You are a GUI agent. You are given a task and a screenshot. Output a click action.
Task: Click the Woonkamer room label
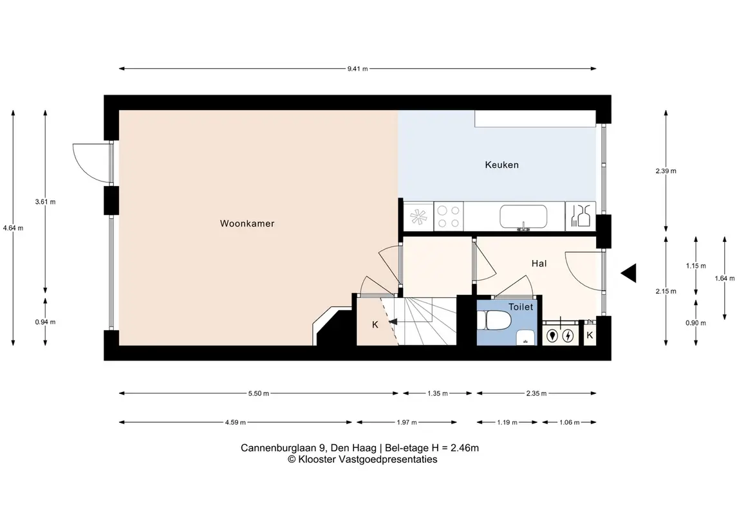[247, 224]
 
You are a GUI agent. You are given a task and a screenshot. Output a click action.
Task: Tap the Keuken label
[501, 165]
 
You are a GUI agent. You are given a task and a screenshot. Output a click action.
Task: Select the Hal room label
[539, 264]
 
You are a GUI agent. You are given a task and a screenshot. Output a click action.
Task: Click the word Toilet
[521, 307]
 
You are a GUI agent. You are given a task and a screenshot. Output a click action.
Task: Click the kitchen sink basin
[523, 216]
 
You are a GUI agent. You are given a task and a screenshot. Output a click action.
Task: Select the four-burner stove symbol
[449, 217]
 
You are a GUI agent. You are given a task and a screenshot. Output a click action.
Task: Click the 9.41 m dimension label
[358, 69]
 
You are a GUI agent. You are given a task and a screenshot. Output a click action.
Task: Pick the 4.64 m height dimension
[13, 228]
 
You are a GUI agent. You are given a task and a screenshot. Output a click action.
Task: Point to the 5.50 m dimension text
[259, 393]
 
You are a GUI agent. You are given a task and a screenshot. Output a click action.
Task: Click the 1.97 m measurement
[407, 422]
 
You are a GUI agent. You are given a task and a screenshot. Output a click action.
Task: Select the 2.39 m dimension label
[666, 171]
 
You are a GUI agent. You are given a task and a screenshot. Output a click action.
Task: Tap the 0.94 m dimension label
[45, 322]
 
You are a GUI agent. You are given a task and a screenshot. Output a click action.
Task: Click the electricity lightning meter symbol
[568, 335]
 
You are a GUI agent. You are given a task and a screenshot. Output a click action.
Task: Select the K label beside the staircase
[375, 324]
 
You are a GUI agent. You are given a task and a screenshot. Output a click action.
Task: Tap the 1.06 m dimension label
[569, 422]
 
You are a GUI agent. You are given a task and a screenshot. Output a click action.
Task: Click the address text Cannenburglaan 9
[285, 448]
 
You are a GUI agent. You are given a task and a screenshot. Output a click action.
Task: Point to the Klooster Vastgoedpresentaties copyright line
[362, 460]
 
